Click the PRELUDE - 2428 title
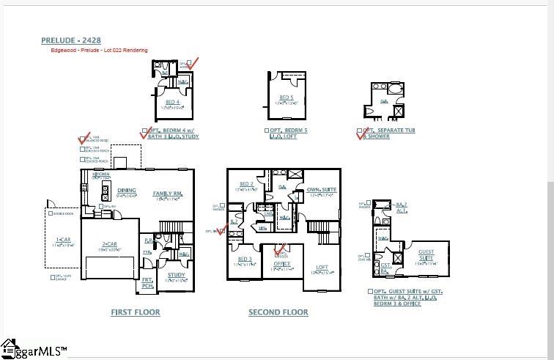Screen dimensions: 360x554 pyautogui.click(x=72, y=40)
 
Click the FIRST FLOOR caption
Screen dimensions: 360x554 pyautogui.click(x=136, y=312)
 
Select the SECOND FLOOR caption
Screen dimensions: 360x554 pyautogui.click(x=278, y=312)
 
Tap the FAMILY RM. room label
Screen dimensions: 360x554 pyautogui.click(x=167, y=194)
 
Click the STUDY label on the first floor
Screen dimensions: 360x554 pyautogui.click(x=176, y=276)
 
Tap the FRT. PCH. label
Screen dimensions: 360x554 pyautogui.click(x=147, y=282)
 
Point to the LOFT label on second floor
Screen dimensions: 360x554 pyautogui.click(x=322, y=268)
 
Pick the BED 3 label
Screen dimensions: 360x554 pyautogui.click(x=245, y=260)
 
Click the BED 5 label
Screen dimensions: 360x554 pyautogui.click(x=286, y=98)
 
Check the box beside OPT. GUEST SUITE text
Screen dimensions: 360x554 pyautogui.click(x=370, y=291)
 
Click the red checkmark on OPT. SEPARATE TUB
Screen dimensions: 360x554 pyautogui.click(x=360, y=134)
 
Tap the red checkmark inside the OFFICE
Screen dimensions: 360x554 pyautogui.click(x=279, y=251)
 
